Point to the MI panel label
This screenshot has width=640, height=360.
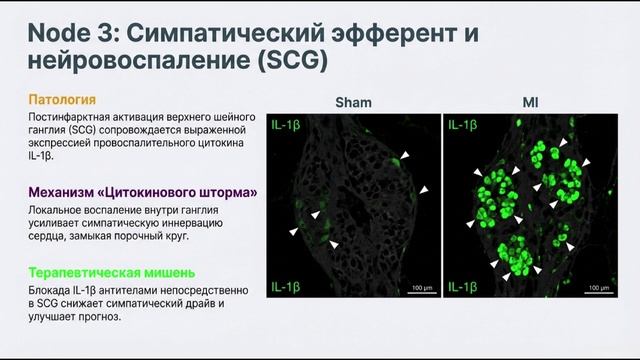click(530, 102)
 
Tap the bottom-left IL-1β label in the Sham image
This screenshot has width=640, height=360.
click(286, 289)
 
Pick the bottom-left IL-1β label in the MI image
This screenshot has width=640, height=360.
click(463, 289)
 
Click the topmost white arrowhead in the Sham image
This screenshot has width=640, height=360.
click(405, 157)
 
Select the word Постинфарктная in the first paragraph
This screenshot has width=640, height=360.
click(71, 119)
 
